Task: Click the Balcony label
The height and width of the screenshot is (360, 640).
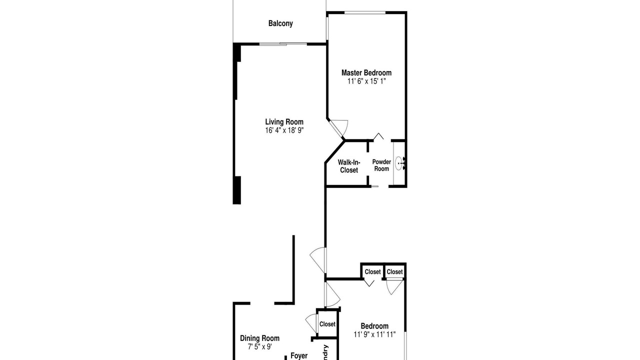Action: (x=280, y=23)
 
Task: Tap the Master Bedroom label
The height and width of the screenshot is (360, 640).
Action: (x=366, y=73)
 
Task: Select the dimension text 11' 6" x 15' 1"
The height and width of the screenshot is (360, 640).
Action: (x=366, y=81)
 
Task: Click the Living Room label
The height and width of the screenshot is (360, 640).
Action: (x=284, y=122)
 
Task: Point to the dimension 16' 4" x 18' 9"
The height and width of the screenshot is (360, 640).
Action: (x=284, y=130)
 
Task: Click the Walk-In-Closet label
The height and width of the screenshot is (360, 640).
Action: (x=349, y=166)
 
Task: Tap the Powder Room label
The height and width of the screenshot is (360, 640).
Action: (x=381, y=165)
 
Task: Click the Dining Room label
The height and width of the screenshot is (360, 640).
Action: (x=259, y=338)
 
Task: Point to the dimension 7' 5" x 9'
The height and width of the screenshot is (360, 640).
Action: (x=259, y=346)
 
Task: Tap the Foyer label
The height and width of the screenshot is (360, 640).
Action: (x=299, y=356)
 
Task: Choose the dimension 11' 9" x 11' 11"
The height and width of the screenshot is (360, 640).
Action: (x=374, y=334)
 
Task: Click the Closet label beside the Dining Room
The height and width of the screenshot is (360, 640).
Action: (x=327, y=324)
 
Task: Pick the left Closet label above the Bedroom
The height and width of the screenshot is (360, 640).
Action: (x=372, y=272)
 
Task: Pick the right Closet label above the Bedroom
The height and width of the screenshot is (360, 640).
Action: (x=394, y=272)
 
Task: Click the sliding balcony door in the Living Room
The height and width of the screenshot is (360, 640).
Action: (x=283, y=44)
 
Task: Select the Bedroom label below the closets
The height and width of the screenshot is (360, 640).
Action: (x=374, y=326)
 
